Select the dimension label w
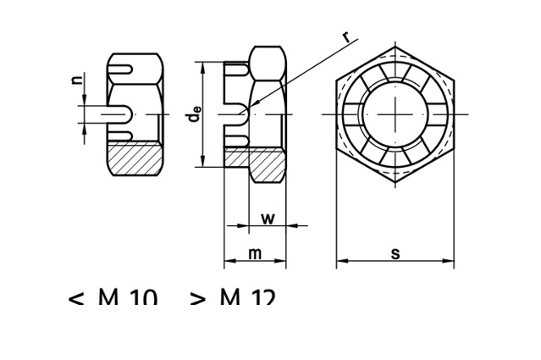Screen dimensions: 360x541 pyautogui.click(x=268, y=218)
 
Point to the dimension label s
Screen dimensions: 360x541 pyautogui.click(x=395, y=253)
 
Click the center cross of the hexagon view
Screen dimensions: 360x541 pyautogui.click(x=395, y=114)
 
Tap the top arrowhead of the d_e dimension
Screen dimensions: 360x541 pyautogui.click(x=202, y=65)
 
